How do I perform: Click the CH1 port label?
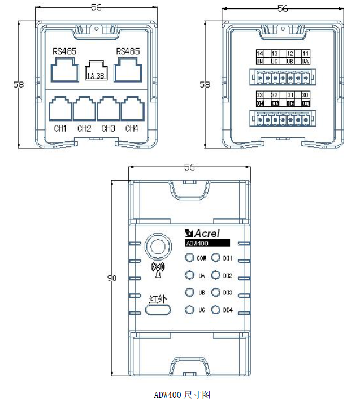[60, 129]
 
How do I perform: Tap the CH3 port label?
[108, 129]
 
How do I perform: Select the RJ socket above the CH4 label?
[132, 109]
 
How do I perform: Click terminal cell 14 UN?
[260, 57]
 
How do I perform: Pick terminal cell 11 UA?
[305, 57]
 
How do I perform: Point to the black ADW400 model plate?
[207, 243]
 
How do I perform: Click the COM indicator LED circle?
[189, 258]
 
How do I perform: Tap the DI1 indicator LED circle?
[215, 258]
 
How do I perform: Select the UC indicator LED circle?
[189, 310]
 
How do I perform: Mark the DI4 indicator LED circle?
[215, 310]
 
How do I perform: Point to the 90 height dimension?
[111, 278]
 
